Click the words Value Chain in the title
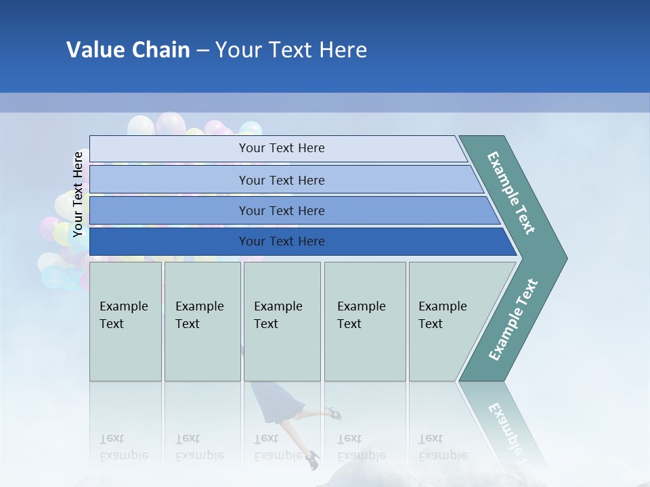coord(128,50)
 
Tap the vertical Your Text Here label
coord(78,194)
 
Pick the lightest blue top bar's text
coord(282,148)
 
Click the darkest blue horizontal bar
coord(282,241)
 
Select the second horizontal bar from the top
coord(282,180)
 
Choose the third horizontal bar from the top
coord(282,210)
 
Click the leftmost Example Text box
coord(125,321)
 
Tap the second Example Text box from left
coord(202,321)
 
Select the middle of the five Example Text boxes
coord(282,321)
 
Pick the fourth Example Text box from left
coord(364,321)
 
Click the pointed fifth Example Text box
coord(447,321)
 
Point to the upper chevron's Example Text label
coord(511,193)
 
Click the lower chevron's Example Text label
coord(513,319)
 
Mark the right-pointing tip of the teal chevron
coord(565,258)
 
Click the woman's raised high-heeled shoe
coord(332,413)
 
